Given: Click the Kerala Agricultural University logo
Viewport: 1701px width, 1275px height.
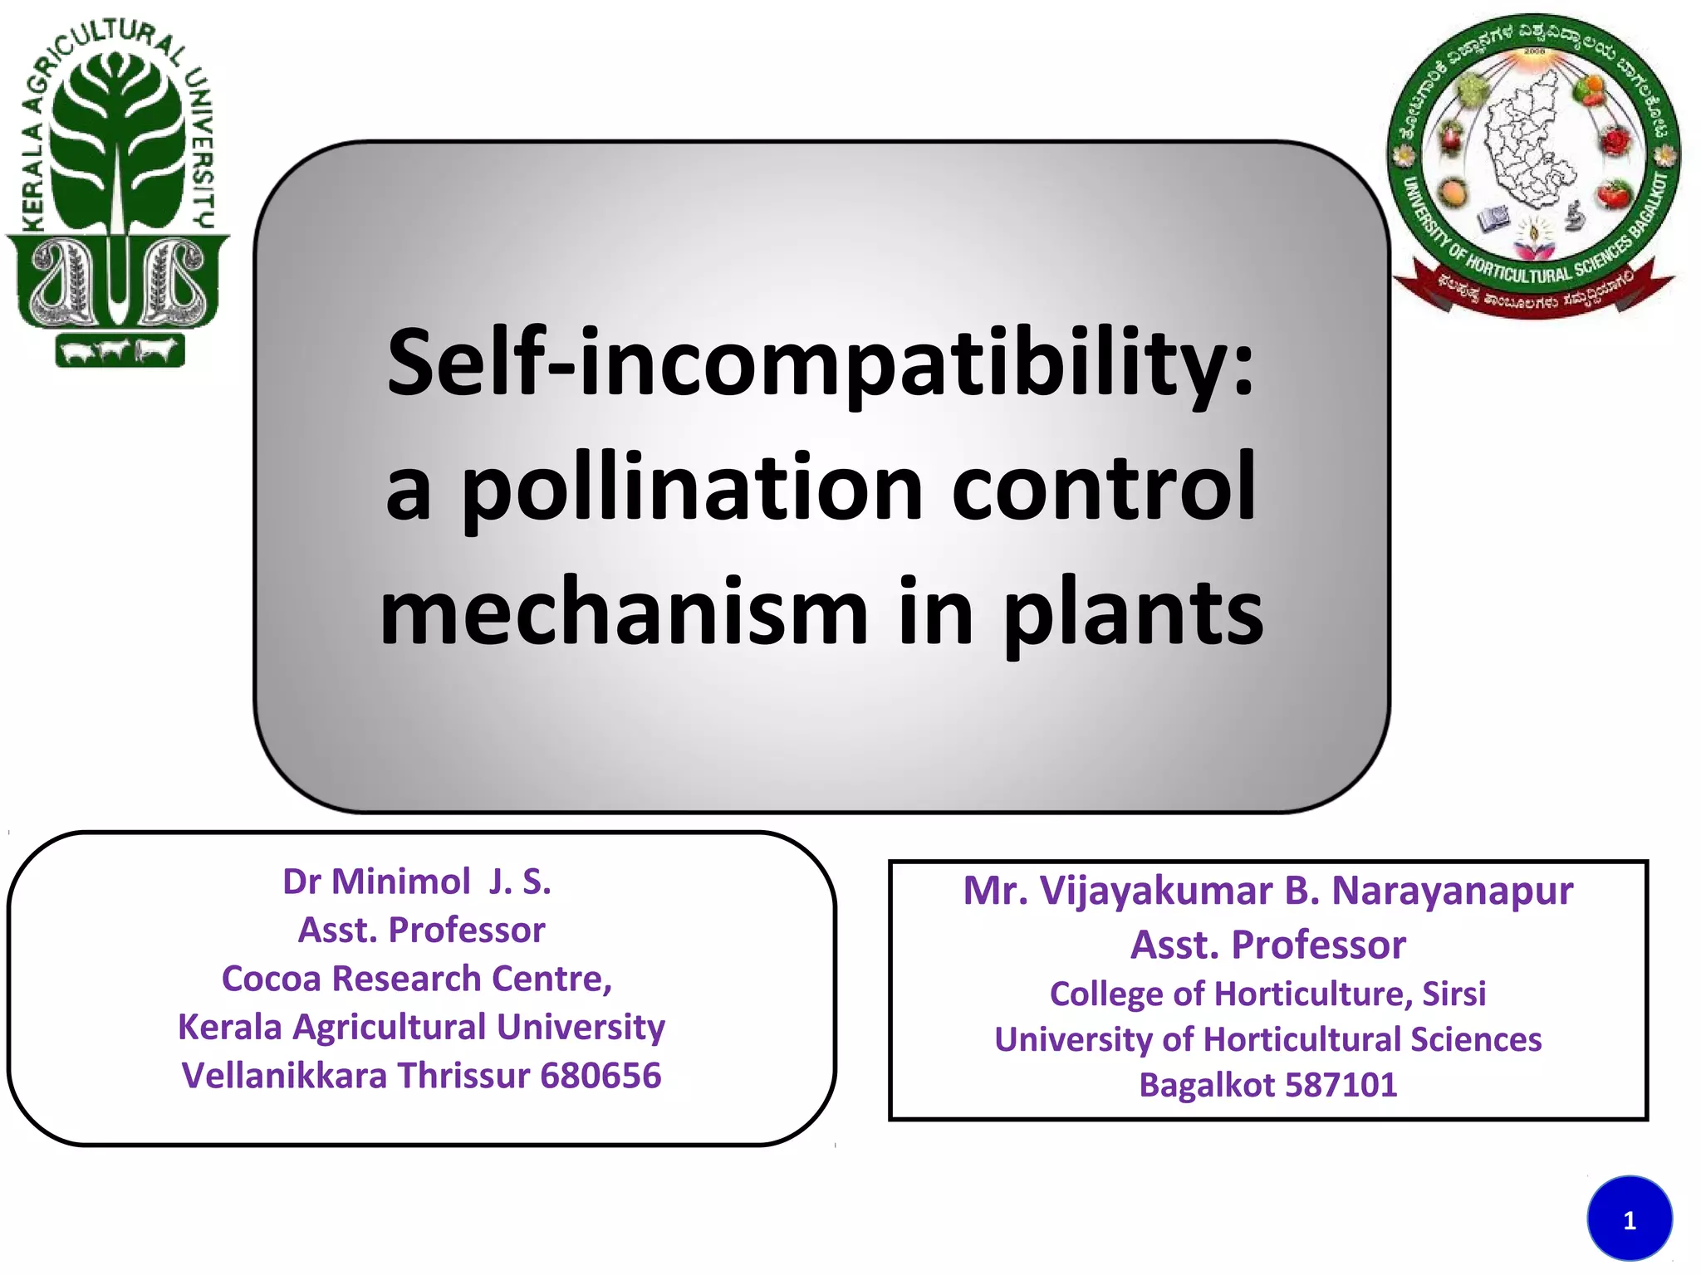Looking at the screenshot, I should [x=116, y=195].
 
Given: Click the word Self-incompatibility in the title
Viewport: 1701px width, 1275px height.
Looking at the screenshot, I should [x=820, y=364].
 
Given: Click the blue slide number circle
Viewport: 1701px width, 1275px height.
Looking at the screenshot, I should [x=1629, y=1219].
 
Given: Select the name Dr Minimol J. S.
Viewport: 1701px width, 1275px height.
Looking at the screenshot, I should [x=417, y=882].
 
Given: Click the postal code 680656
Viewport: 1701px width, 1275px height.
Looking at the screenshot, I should [x=600, y=1076].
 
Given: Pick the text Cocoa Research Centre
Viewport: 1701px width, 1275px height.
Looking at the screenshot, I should [x=417, y=979].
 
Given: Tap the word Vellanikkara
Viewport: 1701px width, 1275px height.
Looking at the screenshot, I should [x=284, y=1076].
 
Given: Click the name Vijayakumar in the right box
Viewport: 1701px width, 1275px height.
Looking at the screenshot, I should [x=1155, y=891].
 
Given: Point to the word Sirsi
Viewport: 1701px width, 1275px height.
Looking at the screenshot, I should [x=1453, y=994].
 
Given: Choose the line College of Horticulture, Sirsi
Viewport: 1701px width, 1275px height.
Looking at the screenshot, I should [x=1267, y=994].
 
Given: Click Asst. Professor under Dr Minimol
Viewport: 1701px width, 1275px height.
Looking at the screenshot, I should [x=421, y=931].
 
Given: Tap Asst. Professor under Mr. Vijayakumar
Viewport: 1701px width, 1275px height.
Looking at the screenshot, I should [x=1267, y=945].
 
